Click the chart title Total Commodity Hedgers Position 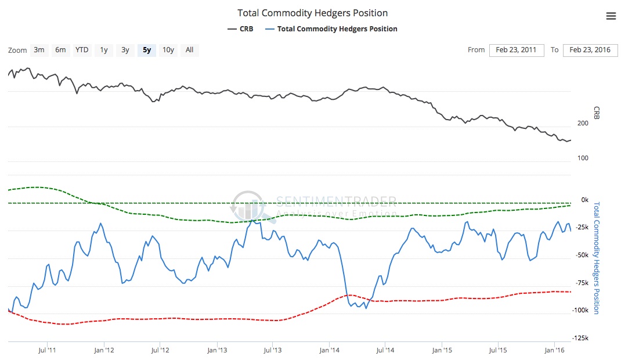click(312, 13)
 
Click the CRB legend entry click(241, 28)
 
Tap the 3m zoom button click(39, 50)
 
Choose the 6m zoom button click(60, 50)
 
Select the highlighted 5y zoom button click(147, 50)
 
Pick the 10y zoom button click(168, 50)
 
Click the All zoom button click(189, 50)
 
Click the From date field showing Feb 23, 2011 click(516, 50)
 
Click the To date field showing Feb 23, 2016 click(590, 50)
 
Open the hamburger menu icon click(611, 16)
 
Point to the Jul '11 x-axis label click(46, 350)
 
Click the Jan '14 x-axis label click(329, 350)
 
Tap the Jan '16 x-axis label click(555, 350)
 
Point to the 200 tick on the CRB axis click(583, 123)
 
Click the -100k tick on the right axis click(580, 311)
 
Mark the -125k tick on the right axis click(580, 339)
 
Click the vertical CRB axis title click(596, 113)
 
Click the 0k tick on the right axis click(584, 200)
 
